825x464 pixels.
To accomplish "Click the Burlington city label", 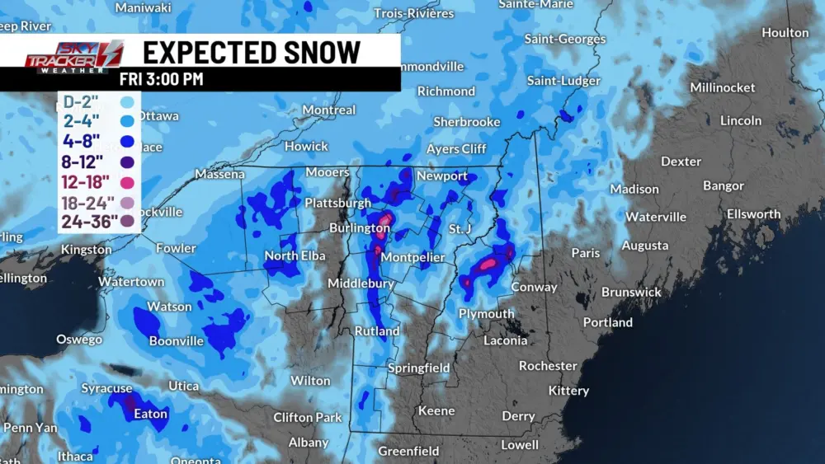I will click(360, 227).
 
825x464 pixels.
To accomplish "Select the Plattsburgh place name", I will click(337, 203).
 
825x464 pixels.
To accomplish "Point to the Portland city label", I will click(607, 322).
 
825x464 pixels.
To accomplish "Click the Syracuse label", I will click(106, 388).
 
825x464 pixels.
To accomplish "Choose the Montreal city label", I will click(328, 110).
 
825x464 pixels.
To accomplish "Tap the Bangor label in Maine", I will click(724, 186).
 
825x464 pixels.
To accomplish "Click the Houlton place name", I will click(785, 33).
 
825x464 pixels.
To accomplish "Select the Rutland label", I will click(377, 331).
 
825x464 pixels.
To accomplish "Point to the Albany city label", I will click(309, 443).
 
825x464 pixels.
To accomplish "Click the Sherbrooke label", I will click(467, 122).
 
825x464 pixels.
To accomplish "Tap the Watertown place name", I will click(131, 282).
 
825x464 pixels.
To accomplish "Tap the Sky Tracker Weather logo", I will click(73, 56).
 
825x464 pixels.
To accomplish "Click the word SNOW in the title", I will click(315, 52).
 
